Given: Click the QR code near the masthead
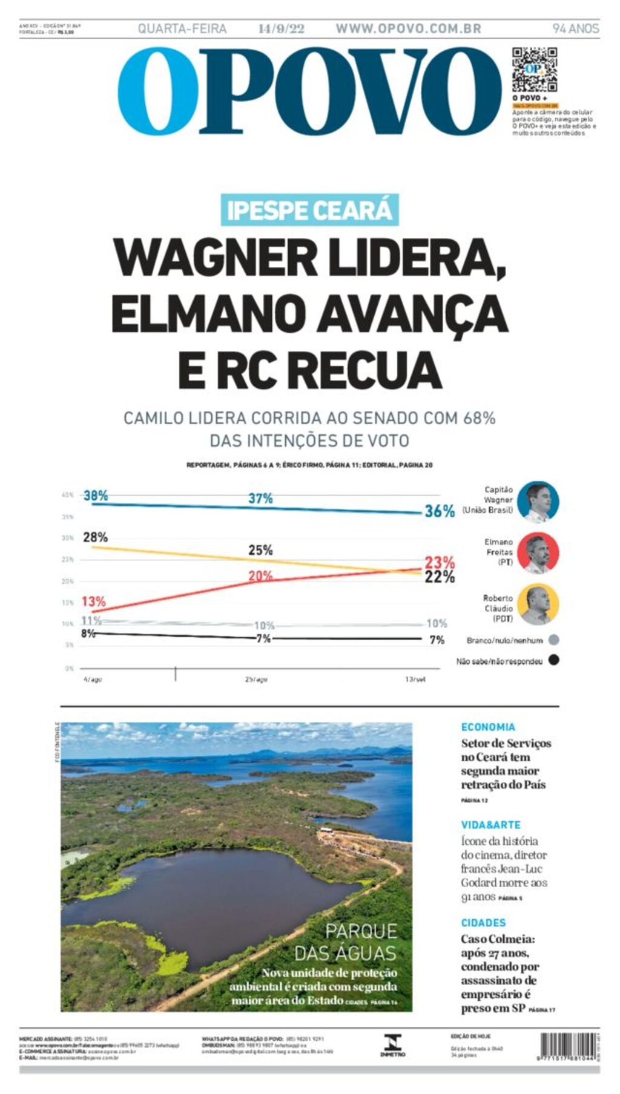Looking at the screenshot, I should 534,69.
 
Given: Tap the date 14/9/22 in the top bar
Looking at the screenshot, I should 281,28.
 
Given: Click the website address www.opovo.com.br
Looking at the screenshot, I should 408,28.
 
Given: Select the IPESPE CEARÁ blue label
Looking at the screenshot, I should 309,210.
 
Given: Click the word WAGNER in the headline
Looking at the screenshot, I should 215,258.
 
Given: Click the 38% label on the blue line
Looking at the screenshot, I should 96,496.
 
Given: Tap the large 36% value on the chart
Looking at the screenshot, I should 439,511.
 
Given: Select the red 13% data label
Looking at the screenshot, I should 94,601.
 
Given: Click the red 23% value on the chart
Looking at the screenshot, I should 440,562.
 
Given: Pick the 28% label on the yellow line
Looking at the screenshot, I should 96,537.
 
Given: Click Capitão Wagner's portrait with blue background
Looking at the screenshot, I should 538,502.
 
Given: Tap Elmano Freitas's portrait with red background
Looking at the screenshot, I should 538,553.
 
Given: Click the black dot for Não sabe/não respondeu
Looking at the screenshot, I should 553,660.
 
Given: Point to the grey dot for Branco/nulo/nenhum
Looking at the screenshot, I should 553,640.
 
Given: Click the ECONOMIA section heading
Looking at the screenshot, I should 488,727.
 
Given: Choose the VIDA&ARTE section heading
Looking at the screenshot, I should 490,825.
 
